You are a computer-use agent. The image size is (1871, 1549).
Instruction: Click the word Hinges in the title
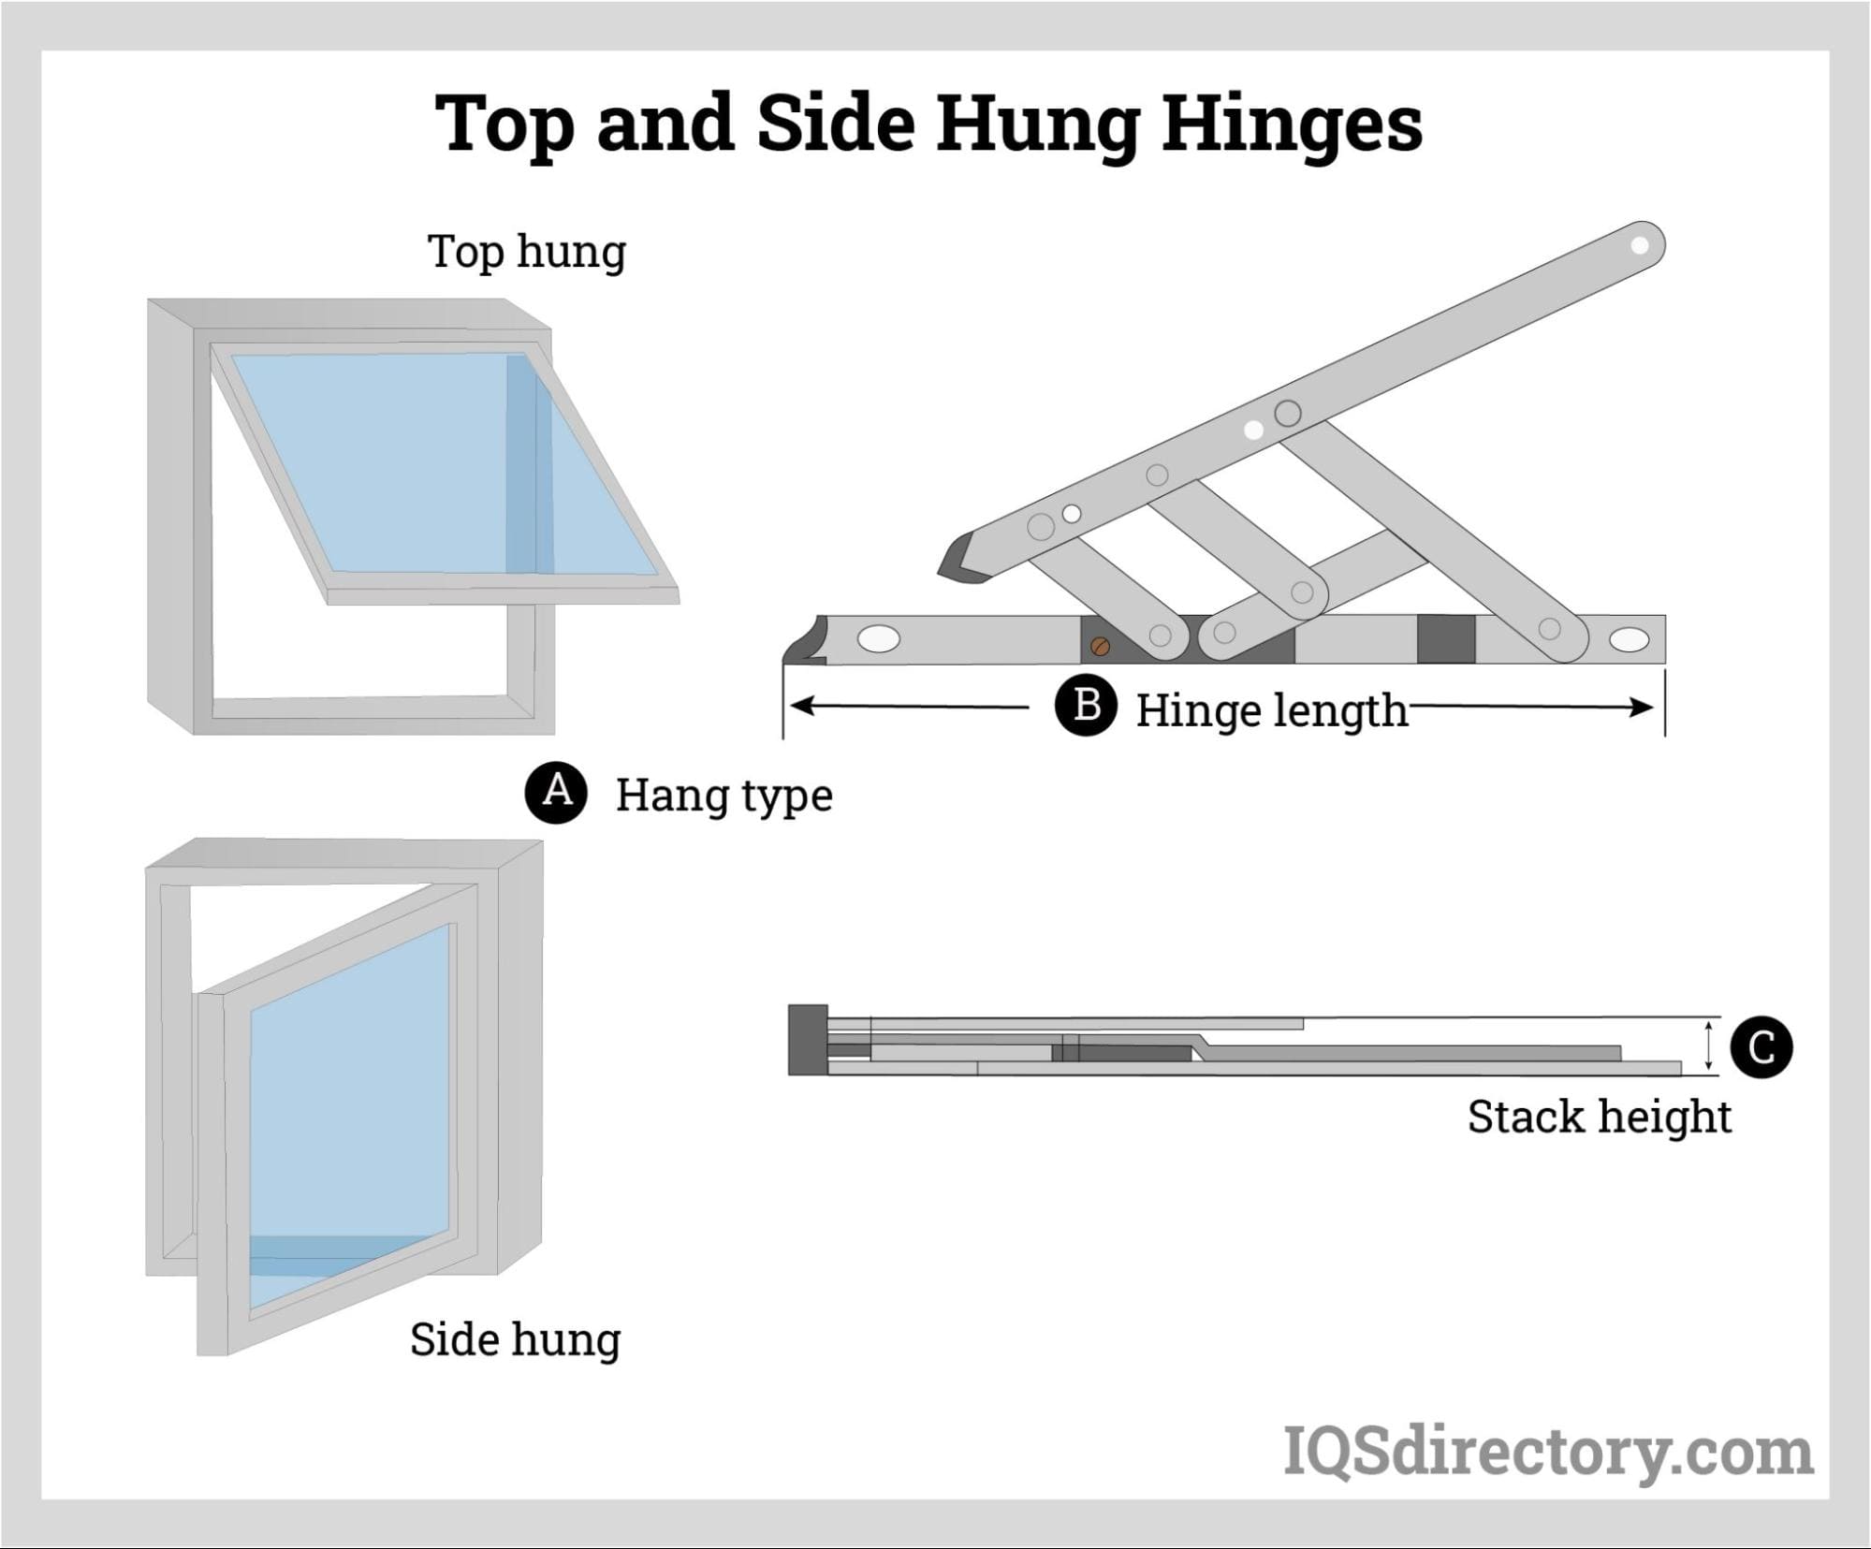coord(1291,124)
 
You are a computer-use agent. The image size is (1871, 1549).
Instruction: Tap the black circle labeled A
coord(557,792)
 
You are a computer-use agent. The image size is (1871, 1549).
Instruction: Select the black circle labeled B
coord(1086,706)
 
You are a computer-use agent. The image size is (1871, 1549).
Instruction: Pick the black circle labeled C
coord(1761,1047)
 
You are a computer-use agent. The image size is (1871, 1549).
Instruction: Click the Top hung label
coord(526,252)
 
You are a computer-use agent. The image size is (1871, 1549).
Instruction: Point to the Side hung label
coord(515,1339)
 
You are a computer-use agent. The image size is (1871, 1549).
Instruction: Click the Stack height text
coord(1599,1117)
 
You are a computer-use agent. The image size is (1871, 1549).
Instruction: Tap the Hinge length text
coord(1271,710)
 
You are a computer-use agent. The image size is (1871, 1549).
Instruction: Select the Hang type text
coord(724,796)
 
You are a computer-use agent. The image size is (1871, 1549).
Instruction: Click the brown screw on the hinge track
coord(1101,646)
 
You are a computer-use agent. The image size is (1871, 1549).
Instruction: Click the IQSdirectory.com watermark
coord(1548,1452)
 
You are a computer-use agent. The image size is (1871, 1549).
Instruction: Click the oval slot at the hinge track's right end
coord(1630,640)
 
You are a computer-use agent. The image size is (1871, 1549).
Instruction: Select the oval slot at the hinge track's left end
coord(879,639)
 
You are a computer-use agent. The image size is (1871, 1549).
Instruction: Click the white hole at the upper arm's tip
coord(1640,245)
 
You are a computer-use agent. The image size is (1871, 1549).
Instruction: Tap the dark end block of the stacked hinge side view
coord(808,1039)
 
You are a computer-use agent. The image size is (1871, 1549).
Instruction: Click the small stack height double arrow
coord(1709,1045)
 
